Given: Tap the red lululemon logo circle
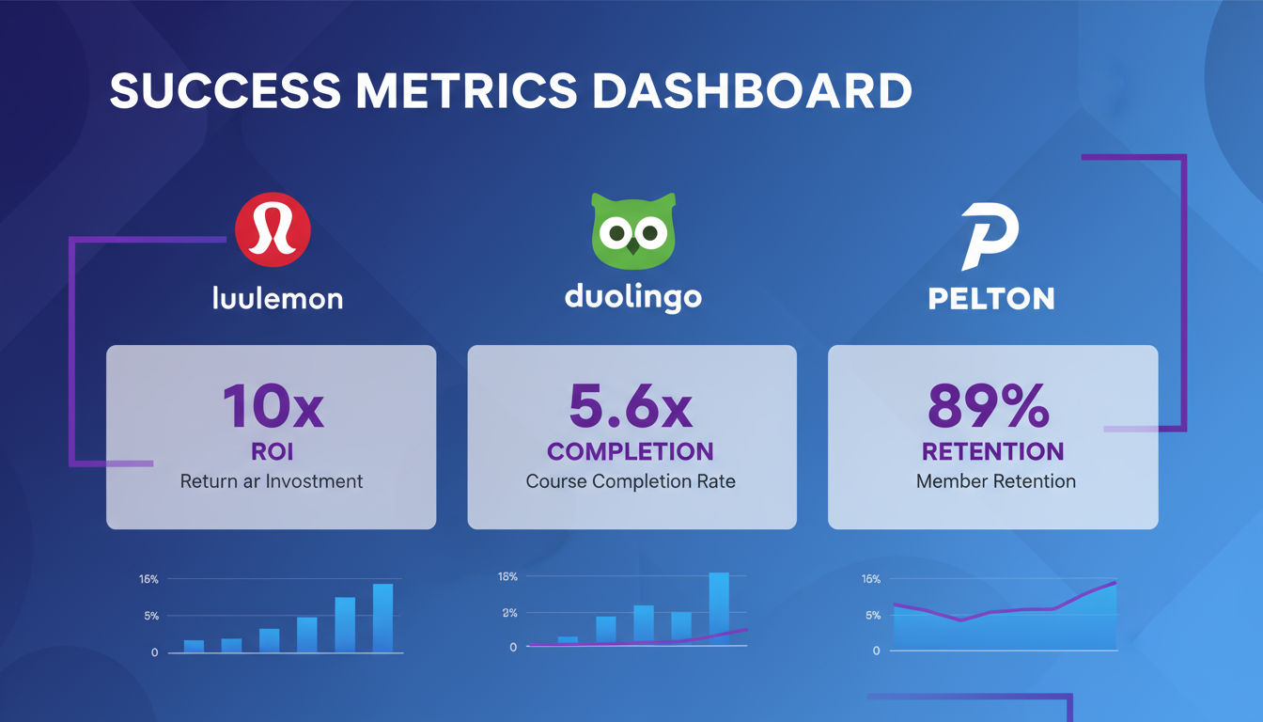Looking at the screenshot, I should tap(273, 230).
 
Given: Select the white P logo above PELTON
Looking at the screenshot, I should tap(990, 236).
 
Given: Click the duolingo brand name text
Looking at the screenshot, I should tap(633, 298).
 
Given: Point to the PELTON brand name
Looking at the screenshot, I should tap(991, 299).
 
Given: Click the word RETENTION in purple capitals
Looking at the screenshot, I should tap(992, 451).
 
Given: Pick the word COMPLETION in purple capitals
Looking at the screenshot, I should tap(631, 451).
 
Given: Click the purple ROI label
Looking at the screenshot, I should tap(272, 451).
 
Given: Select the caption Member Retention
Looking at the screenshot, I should tap(995, 481).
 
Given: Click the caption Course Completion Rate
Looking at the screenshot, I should tap(631, 481).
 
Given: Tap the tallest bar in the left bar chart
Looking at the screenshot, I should tap(382, 618).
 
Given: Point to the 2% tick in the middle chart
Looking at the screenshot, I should tap(509, 613).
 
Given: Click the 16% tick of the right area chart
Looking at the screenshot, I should tap(870, 579).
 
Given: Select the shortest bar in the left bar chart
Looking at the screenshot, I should tap(194, 646).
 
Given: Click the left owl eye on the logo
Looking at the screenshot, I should tap(616, 231).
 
